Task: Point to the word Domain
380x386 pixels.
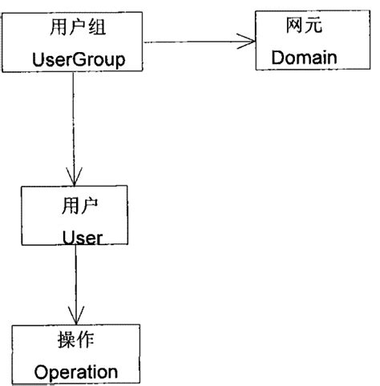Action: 301,57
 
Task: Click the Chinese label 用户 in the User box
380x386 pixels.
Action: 77,206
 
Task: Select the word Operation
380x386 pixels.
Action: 77,371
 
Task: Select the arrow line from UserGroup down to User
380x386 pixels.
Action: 75,120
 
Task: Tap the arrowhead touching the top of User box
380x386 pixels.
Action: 75,177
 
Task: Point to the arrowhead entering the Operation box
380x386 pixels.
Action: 76,316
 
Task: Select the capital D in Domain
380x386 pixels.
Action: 277,57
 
